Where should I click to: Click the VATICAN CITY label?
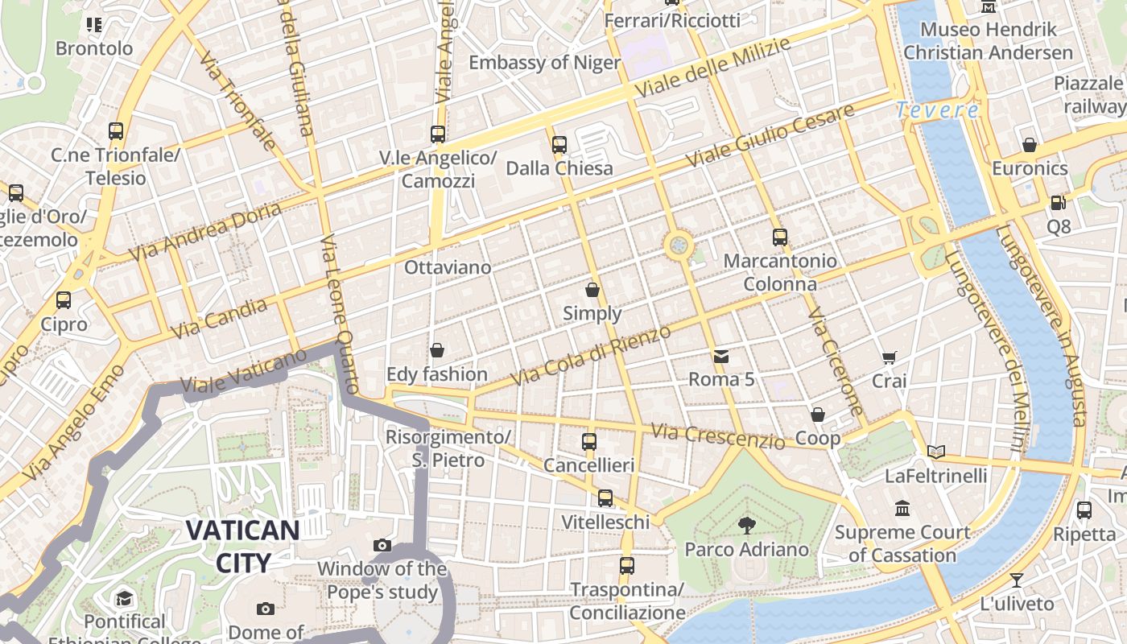click(243, 546)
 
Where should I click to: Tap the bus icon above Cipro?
click(64, 300)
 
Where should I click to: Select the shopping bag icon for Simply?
click(592, 290)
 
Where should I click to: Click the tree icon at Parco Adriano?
click(746, 526)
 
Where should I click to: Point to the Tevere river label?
click(938, 110)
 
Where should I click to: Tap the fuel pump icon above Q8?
click(1058, 203)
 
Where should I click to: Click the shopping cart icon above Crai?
click(889, 357)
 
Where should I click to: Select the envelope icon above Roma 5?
click(720, 356)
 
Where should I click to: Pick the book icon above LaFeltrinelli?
click(935, 452)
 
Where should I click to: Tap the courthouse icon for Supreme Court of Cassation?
click(902, 509)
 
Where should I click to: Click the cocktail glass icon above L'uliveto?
click(1017, 580)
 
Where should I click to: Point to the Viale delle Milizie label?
click(712, 68)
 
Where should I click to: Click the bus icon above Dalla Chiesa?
click(559, 145)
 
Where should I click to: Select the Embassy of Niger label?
click(544, 63)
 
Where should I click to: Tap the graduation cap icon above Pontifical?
click(124, 598)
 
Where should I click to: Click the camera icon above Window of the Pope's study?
click(382, 545)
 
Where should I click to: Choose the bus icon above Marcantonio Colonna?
click(779, 237)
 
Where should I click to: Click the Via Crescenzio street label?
click(717, 436)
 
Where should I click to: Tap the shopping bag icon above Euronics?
click(1029, 145)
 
